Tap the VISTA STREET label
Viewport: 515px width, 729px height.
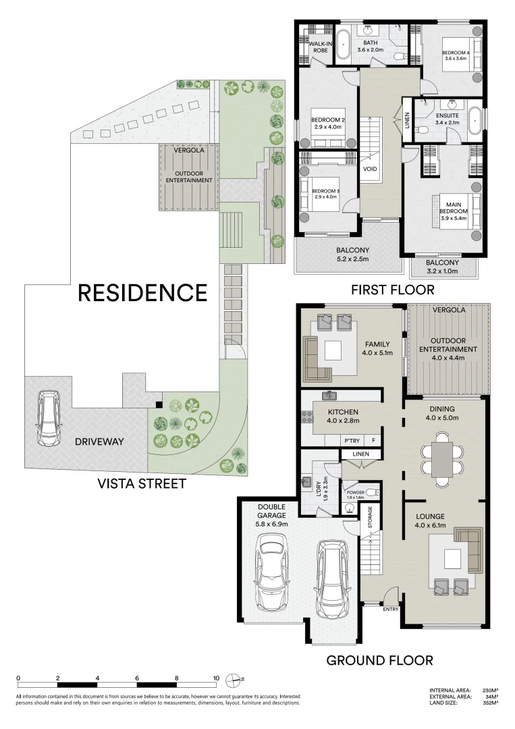142,484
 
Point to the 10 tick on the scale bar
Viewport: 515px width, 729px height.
216,678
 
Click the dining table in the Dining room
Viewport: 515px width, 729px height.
442,460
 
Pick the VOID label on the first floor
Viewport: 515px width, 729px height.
370,169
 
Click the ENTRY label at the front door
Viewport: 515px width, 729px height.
391,610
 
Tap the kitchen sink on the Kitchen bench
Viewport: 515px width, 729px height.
329,396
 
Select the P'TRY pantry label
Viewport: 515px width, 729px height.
351,440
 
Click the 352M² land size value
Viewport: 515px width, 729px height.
491,703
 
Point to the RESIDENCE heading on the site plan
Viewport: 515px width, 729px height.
142,292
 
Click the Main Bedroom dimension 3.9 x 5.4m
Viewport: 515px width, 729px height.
454,219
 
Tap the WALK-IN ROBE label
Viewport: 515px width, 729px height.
319,47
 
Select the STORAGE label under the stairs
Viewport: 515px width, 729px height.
370,518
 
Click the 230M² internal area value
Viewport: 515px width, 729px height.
491,690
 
